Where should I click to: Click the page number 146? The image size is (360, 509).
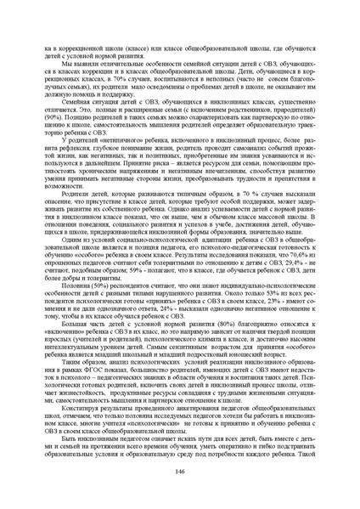tap(179, 472)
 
